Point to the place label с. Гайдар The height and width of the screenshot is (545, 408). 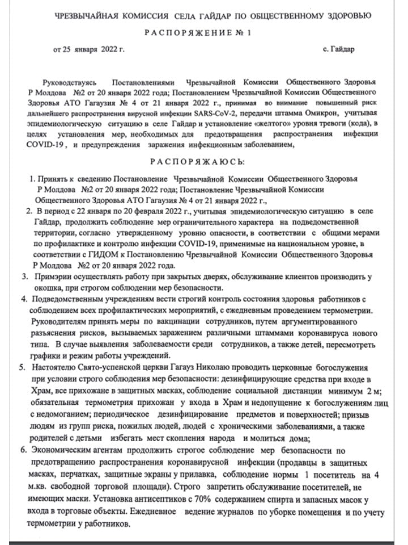(x=338, y=49)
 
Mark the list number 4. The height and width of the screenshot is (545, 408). (x=23, y=299)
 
